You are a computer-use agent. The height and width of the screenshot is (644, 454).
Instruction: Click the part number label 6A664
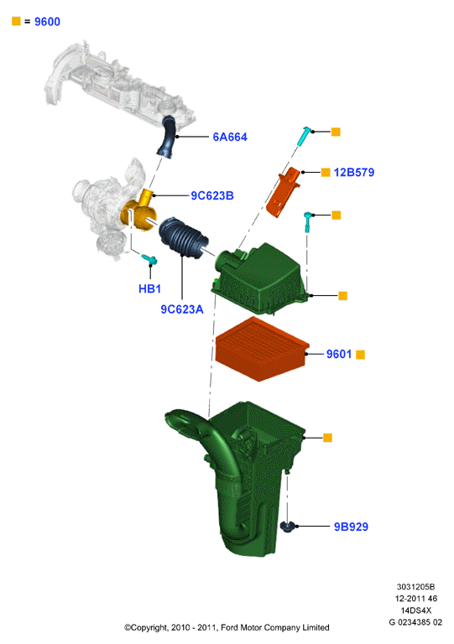pos(230,137)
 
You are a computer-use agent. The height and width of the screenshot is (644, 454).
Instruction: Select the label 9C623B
pos(212,195)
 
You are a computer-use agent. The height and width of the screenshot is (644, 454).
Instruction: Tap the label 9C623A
pos(181,309)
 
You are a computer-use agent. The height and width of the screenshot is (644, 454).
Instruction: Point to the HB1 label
pos(149,288)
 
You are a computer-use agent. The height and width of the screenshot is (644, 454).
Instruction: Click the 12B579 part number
pos(354,172)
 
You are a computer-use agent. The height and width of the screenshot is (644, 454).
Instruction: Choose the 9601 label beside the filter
pos(339,354)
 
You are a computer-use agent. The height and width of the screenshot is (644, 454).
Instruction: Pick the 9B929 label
pos(351,527)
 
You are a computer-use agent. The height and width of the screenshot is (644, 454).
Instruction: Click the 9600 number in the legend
pos(47,21)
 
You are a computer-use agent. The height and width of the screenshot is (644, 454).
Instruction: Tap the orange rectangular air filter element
pos(262,349)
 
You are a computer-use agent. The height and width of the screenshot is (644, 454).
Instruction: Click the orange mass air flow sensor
pos(284,191)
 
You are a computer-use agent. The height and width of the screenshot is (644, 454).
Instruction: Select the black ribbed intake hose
pos(183,238)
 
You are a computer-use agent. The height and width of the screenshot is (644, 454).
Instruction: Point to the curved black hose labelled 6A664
pos(167,137)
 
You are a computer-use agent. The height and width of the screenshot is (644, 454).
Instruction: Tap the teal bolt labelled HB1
pos(149,259)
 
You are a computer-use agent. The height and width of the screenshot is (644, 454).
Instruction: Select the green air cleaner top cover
pos(259,278)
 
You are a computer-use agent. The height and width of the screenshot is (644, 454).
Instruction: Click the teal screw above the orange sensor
pos(304,136)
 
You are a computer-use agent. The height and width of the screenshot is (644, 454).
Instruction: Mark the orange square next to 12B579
pos(326,173)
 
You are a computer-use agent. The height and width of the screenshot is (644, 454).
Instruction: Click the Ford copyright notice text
pos(227,627)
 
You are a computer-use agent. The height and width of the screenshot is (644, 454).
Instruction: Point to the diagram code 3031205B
pos(415,586)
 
